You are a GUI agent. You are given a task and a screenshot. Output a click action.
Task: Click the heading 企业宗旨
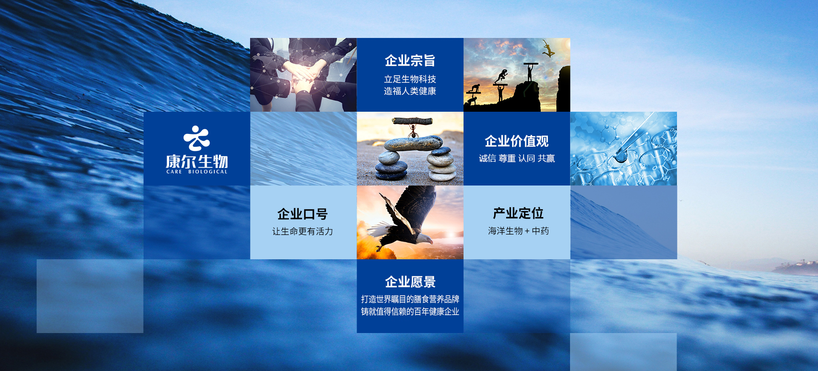pos(410,61)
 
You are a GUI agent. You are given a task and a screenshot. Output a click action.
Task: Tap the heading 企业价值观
pos(517,141)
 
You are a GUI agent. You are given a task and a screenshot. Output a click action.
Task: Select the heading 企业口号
pos(303,214)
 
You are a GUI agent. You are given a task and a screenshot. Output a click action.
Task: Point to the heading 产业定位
pos(518,213)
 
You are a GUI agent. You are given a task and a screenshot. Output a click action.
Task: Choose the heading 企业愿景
pos(410,282)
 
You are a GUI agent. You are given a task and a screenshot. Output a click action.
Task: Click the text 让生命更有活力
pos(303,232)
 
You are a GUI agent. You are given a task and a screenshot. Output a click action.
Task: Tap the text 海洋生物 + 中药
pos(518,231)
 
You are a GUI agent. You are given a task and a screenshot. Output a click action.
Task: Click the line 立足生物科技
pos(410,79)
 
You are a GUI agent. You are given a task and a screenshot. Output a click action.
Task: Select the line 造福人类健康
pos(410,91)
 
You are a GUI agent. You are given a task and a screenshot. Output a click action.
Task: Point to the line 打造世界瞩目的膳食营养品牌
pos(410,299)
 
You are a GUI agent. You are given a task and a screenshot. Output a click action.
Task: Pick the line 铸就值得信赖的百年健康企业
pos(410,312)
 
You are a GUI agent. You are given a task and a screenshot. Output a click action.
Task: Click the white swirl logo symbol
pos(196,138)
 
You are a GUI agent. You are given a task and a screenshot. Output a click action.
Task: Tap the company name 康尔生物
pos(197,162)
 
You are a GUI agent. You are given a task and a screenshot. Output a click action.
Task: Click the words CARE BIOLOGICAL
pos(197,172)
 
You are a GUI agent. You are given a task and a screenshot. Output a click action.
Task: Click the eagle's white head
pos(423,239)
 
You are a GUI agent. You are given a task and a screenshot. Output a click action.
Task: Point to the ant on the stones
pos(412,132)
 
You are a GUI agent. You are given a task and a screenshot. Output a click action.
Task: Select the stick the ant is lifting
pos(412,121)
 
